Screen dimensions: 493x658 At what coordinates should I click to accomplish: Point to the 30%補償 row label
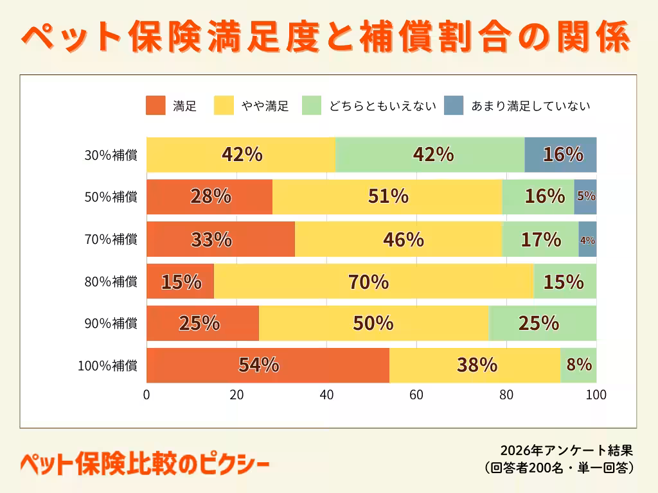111,155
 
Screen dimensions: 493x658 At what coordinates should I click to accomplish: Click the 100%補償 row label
107,366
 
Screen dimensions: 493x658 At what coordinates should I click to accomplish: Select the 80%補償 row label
111,281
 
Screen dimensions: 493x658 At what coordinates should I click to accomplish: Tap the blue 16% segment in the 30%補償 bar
560,155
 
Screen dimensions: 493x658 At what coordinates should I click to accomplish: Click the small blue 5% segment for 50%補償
585,197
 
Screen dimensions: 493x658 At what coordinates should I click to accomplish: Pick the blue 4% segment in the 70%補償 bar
587,239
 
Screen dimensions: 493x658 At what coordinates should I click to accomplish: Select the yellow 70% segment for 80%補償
373,281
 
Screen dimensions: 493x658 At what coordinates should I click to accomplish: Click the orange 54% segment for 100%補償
267,365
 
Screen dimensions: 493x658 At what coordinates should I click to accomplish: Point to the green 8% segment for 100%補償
578,365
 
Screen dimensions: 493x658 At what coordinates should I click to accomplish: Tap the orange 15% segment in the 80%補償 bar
180,281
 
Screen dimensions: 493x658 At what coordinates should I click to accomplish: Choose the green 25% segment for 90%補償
542,323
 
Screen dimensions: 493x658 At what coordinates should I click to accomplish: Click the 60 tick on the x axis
416,395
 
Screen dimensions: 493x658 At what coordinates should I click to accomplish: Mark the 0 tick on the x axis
147,395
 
